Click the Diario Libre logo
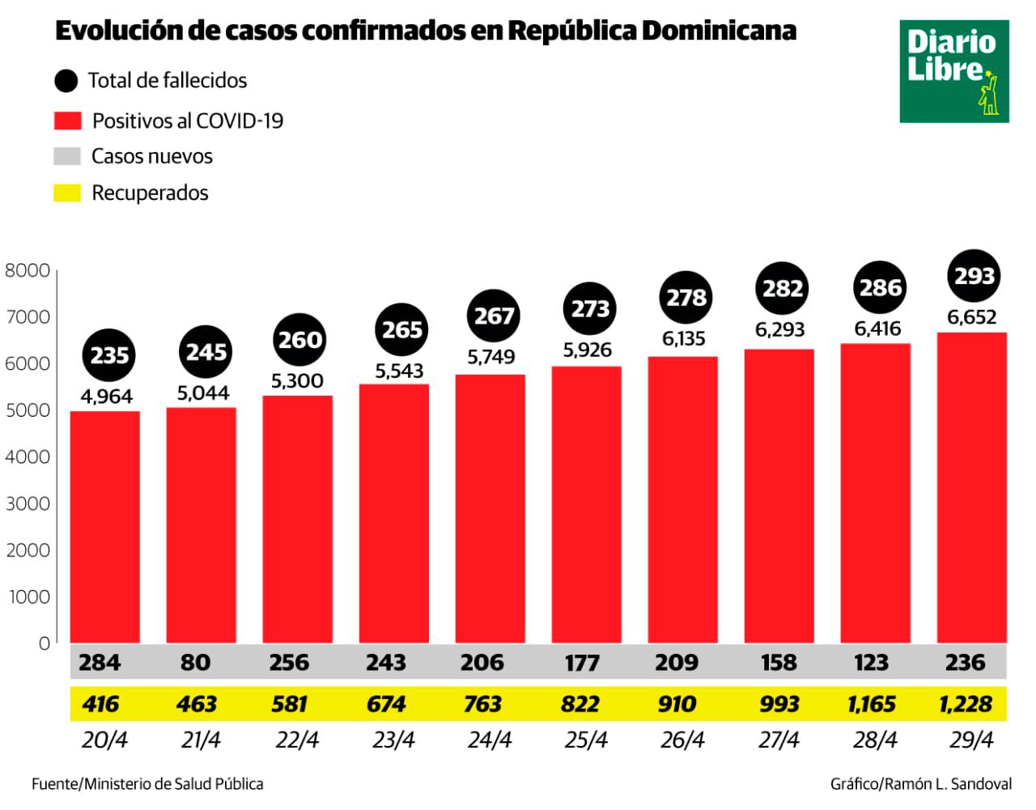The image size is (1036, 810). (x=953, y=71)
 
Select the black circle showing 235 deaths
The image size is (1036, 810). (x=109, y=354)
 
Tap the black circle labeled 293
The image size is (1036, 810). (x=973, y=276)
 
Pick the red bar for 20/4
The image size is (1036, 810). (x=104, y=527)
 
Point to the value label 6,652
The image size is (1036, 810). (x=971, y=317)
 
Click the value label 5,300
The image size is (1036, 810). (x=297, y=381)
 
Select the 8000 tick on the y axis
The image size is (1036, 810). (x=28, y=270)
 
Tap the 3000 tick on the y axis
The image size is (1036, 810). (x=28, y=503)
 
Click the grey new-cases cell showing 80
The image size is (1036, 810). (x=196, y=662)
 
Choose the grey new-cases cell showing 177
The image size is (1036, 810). (x=581, y=663)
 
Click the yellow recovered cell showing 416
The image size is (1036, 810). (x=100, y=704)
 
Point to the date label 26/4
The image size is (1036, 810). (x=682, y=740)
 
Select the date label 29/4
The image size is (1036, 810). (x=971, y=740)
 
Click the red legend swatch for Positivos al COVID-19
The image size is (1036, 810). (x=67, y=121)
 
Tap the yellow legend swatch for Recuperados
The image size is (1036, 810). (x=67, y=193)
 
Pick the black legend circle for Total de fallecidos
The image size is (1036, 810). (x=66, y=80)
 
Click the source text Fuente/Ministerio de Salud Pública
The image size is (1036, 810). (x=147, y=783)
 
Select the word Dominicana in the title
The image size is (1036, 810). (x=719, y=31)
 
